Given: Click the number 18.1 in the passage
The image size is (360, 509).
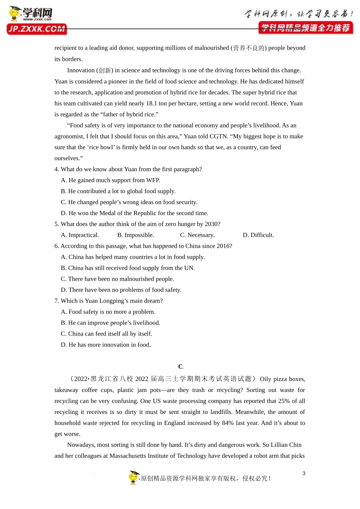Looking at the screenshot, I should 152,103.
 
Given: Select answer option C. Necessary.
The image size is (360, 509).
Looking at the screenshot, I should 197,235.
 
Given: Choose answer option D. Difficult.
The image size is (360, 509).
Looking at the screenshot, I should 258,235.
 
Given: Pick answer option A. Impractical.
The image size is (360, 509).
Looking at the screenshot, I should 80,235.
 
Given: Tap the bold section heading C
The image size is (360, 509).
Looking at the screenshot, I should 180,367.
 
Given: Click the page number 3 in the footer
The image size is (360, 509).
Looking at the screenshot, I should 304,473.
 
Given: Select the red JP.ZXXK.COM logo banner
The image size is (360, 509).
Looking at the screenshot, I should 37,29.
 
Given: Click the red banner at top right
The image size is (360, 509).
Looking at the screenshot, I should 305,28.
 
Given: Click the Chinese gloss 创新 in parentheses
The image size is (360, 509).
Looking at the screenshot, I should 105,70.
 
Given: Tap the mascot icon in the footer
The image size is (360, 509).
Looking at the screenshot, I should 134,478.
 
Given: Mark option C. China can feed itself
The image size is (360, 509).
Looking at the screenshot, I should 106,334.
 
